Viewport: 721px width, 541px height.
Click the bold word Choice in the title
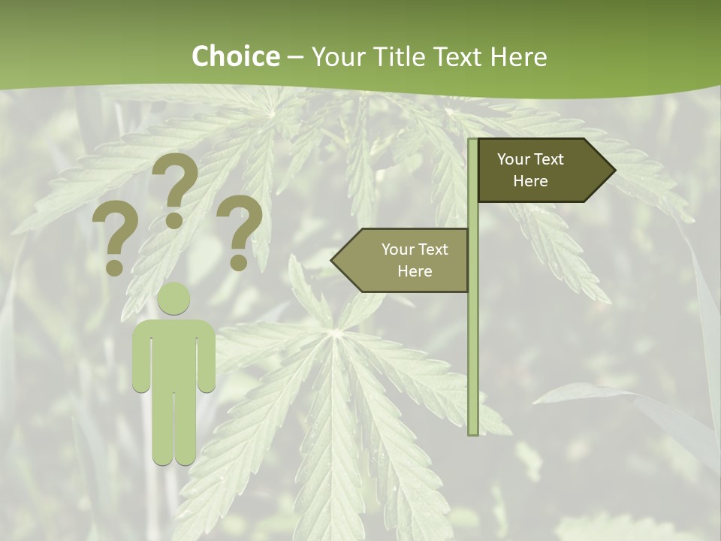235,57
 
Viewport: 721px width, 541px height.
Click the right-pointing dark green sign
541,171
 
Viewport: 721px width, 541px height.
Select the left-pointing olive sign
406,260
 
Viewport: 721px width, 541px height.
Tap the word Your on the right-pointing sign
513,159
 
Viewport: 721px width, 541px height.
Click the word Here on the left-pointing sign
415,271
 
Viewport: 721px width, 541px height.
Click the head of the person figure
173,298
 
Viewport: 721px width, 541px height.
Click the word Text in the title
458,57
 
